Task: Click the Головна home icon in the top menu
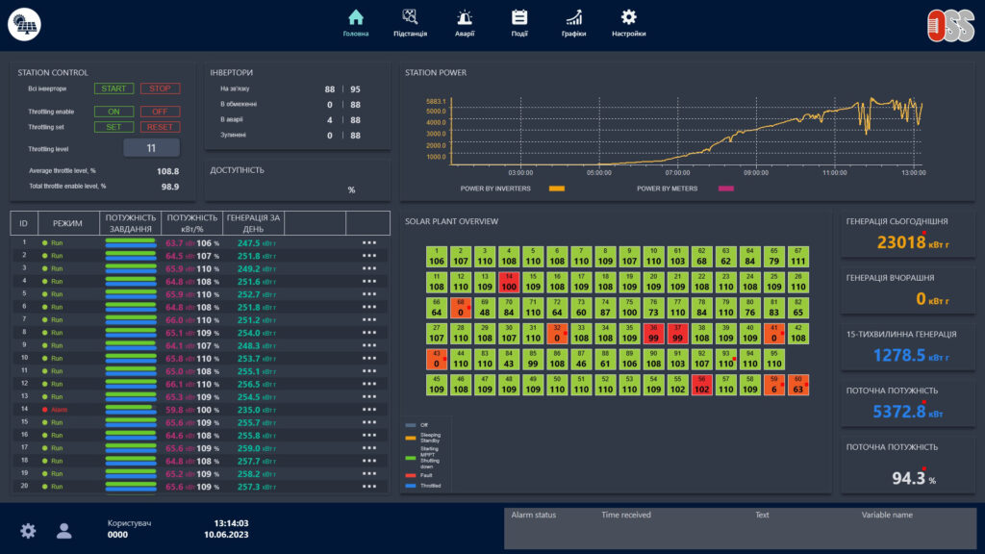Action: (356, 17)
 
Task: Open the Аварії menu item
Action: (465, 17)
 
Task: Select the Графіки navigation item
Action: (574, 17)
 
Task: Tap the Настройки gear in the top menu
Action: (628, 17)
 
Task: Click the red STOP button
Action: (160, 88)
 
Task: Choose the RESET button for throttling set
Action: (160, 127)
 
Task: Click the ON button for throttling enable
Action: (114, 112)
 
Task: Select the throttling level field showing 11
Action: (151, 148)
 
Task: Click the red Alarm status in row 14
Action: (60, 409)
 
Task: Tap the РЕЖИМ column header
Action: (67, 223)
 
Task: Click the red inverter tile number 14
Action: (509, 283)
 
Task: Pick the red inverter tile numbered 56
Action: (701, 386)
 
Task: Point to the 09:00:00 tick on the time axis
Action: (756, 173)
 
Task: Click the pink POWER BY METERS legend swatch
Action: (725, 189)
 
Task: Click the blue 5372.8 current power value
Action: (898, 412)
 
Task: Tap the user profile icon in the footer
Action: (64, 530)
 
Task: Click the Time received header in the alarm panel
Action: (625, 515)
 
